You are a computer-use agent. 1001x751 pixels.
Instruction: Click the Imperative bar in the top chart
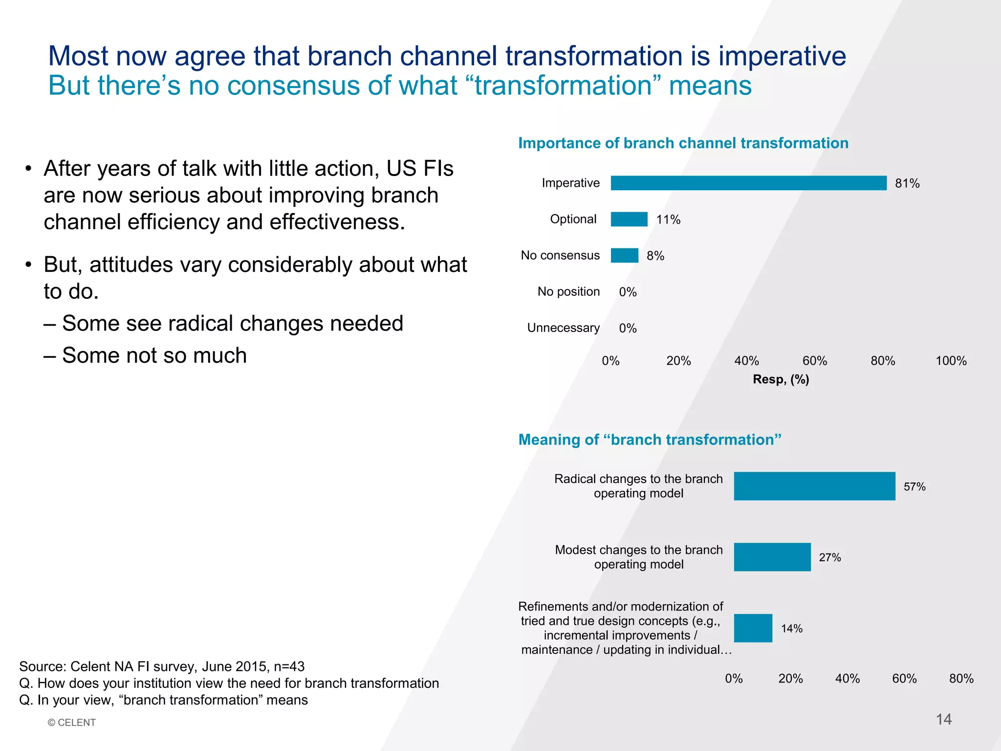click(748, 183)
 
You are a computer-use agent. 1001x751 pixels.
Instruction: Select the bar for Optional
click(629, 219)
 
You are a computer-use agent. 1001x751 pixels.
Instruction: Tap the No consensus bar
click(624, 255)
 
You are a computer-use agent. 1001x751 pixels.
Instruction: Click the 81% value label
click(907, 183)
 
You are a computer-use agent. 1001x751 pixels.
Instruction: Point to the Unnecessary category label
click(563, 328)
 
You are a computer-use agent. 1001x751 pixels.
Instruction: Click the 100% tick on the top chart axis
click(951, 361)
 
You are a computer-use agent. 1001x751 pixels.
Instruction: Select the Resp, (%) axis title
click(781, 379)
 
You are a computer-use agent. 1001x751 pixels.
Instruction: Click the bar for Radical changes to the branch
click(814, 486)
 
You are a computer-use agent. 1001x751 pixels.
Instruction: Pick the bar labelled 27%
click(772, 557)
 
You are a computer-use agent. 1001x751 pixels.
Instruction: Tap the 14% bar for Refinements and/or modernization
click(753, 628)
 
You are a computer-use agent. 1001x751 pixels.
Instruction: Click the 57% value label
click(914, 486)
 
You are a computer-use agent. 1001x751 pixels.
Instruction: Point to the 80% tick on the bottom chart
click(961, 679)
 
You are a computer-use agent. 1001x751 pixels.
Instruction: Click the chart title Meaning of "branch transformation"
click(650, 440)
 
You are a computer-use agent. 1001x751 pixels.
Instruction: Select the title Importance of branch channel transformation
click(683, 143)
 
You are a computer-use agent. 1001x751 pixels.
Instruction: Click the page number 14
click(943, 719)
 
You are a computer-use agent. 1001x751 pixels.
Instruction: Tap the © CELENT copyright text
click(72, 723)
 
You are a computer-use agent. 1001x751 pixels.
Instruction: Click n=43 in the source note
click(289, 666)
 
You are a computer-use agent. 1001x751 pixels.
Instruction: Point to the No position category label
click(568, 291)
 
